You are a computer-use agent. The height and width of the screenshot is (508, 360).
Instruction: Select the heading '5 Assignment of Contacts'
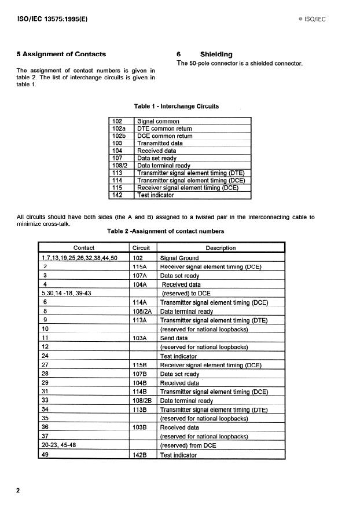[61, 54]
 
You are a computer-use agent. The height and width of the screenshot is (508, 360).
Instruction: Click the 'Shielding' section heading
[215, 54]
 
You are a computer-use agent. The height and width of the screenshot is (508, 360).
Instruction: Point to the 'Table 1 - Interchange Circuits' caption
[177, 106]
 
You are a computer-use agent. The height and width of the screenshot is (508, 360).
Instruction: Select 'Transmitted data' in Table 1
[160, 143]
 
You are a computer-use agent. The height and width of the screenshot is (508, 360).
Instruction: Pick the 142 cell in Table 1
[118, 195]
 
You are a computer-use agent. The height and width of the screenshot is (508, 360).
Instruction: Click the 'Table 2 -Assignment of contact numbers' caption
[166, 231]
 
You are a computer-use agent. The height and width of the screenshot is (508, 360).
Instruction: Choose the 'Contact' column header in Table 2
[84, 248]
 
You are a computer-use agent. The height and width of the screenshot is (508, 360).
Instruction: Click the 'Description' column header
[221, 248]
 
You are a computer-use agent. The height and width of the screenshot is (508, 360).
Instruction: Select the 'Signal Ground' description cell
[179, 258]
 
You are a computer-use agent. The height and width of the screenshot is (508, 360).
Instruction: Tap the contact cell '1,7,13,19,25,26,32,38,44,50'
[79, 258]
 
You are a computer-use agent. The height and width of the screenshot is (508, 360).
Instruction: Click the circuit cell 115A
[140, 266]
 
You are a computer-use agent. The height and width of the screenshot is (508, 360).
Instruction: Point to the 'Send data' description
[174, 338]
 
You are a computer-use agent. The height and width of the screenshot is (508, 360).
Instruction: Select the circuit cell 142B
[141, 455]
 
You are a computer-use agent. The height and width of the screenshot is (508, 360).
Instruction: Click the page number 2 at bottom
[18, 491]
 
